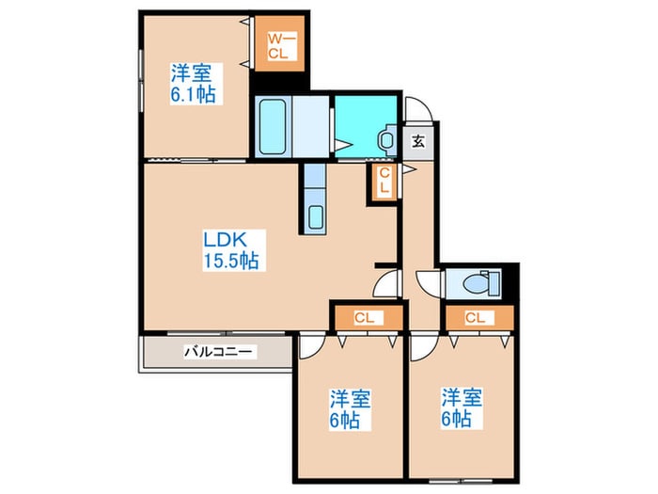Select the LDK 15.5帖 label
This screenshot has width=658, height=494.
[x=230, y=249]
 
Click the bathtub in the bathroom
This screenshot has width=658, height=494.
[x=272, y=125]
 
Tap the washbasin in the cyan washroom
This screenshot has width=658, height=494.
[x=386, y=139]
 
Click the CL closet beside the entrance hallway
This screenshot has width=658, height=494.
[x=384, y=180]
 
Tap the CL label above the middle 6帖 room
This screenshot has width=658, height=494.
[x=365, y=318]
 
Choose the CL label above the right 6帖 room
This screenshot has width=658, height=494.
[x=477, y=318]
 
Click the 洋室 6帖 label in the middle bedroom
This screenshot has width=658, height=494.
[x=349, y=407]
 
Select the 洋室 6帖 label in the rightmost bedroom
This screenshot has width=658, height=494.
[x=462, y=407]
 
